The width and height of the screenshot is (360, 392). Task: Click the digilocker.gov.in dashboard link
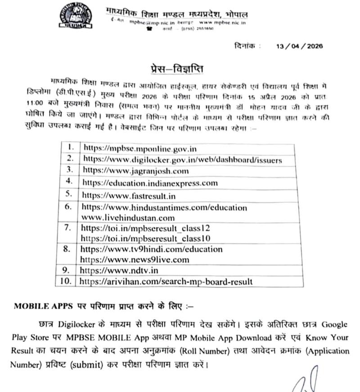(182, 159)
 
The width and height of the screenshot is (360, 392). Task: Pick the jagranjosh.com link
(135, 171)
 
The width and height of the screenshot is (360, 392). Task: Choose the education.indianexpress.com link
(149, 183)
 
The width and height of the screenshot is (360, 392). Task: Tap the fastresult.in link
(128, 195)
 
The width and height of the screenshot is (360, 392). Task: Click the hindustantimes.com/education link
(164, 207)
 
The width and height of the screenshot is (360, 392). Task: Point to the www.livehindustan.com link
(128, 217)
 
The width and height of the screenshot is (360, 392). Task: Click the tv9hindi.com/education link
(151, 249)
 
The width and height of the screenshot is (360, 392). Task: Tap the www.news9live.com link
(135, 259)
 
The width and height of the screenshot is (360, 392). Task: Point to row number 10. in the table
(66, 281)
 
